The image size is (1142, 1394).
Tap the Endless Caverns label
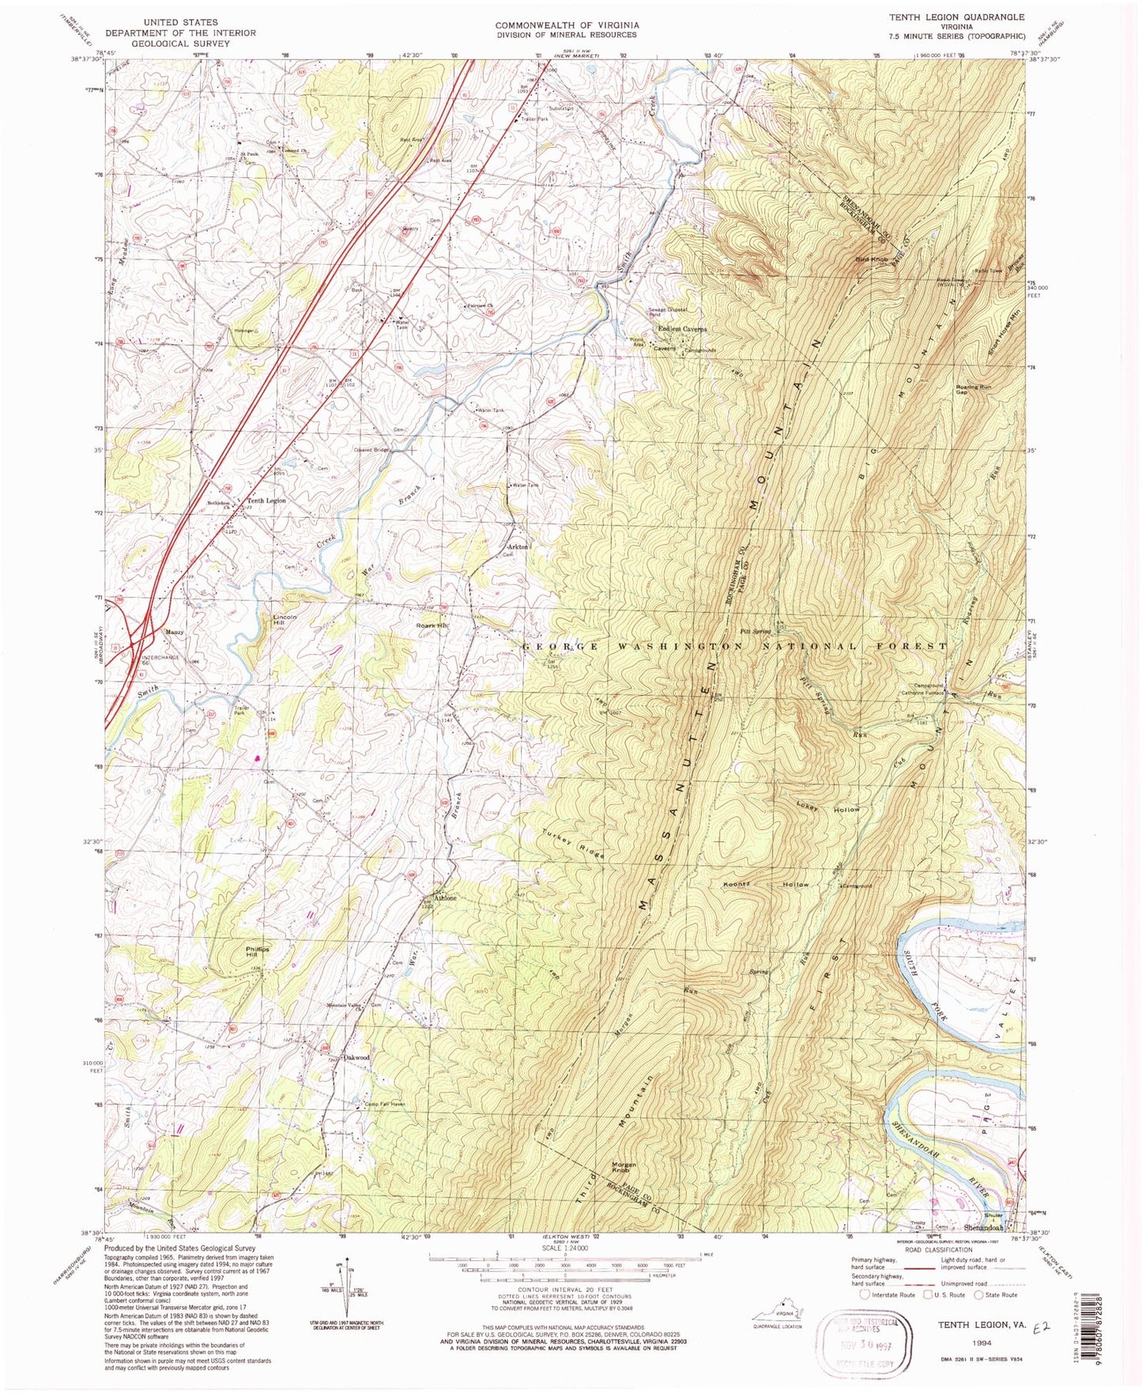pyautogui.click(x=679, y=329)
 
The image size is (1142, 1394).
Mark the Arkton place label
pyautogui.click(x=518, y=547)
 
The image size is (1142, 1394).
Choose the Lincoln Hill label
pyautogui.click(x=285, y=620)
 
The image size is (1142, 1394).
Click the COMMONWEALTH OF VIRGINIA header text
pyautogui.click(x=567, y=25)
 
